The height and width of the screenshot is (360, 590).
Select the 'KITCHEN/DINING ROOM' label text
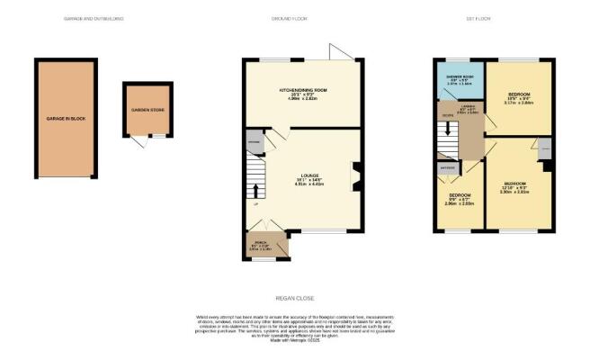(x=301, y=91)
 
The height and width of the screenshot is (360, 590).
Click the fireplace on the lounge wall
(x=357, y=175)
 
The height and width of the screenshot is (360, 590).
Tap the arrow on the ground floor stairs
(x=255, y=191)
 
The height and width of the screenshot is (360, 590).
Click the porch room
(x=264, y=244)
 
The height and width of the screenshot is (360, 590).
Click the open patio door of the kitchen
(x=343, y=51)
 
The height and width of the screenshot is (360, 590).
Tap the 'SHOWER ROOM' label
(x=459, y=76)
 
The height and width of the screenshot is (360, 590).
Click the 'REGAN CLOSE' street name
(x=294, y=298)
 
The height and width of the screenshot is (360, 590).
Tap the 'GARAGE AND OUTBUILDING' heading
(x=94, y=18)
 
